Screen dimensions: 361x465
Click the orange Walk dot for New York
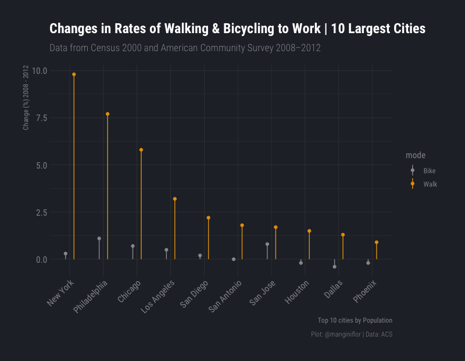[x=74, y=74]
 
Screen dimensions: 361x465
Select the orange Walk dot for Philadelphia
[x=108, y=114]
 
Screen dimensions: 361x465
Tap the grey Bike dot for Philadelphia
[x=99, y=238]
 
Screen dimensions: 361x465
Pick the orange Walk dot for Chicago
[x=141, y=150]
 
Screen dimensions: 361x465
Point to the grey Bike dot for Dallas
[x=334, y=267]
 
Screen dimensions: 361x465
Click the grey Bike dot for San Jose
[x=267, y=244]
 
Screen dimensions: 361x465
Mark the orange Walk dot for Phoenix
[x=377, y=242]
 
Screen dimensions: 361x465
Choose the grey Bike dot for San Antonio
[x=234, y=259]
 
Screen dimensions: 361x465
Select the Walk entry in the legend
[x=430, y=184]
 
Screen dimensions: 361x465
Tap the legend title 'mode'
[x=415, y=155]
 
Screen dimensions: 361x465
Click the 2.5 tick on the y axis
[x=42, y=212]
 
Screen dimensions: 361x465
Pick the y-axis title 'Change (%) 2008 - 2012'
[x=26, y=97]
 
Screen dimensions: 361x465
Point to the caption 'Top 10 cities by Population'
[x=355, y=320]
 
